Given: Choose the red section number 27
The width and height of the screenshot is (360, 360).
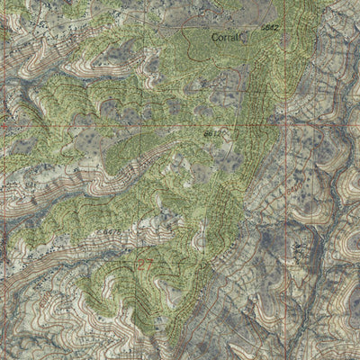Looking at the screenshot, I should coord(144,267).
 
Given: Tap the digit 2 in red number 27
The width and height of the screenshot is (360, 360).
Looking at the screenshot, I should coord(138,267).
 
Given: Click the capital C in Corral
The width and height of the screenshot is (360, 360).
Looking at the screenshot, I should coord(215,39).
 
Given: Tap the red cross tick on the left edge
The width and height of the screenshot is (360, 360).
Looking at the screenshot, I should coord(4,127).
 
